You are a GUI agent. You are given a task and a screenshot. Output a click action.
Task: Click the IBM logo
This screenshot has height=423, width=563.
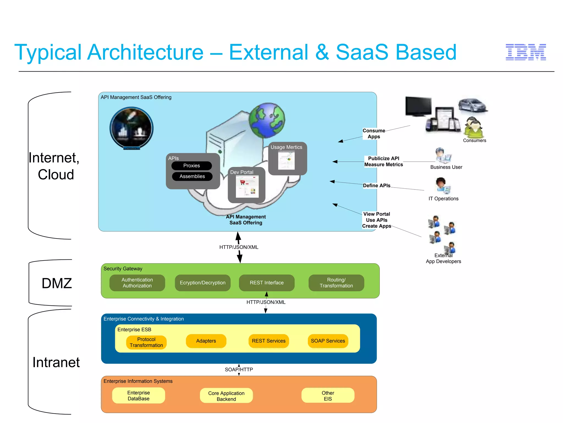tap(526, 52)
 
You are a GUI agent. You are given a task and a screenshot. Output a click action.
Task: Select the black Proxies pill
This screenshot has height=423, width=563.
tap(192, 166)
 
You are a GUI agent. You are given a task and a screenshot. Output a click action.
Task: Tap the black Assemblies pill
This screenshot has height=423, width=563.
tap(192, 176)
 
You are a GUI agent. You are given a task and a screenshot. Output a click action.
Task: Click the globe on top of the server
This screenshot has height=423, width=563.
tap(267, 120)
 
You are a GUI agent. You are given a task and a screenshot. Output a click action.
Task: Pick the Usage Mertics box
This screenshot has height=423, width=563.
tap(287, 158)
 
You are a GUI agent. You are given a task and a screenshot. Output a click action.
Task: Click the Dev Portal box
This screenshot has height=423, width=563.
tap(247, 185)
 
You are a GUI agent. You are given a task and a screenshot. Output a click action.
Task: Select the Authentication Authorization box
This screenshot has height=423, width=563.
tap(137, 283)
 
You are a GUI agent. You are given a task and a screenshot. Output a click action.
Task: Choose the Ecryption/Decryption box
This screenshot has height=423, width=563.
tap(203, 283)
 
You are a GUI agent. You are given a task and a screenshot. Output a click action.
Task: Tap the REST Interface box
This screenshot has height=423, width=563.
tap(267, 283)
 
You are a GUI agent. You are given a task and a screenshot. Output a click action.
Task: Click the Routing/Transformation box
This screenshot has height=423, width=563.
tap(336, 283)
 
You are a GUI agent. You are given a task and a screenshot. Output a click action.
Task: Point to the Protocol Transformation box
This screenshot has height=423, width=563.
tap(146, 342)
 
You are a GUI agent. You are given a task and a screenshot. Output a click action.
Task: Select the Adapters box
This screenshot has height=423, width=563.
tap(206, 341)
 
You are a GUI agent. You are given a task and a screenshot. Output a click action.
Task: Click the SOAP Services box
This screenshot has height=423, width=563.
tap(328, 341)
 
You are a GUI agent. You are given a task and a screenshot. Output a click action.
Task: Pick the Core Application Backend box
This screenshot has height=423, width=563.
tap(226, 396)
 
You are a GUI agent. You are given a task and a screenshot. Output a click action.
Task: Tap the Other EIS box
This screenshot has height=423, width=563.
tap(328, 396)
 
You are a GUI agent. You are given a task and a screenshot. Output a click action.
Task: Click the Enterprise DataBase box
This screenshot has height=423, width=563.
tap(139, 395)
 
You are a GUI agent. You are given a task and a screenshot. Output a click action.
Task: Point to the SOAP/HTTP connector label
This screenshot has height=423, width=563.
tap(239, 370)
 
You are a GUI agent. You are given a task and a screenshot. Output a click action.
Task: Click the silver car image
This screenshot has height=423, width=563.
tap(473, 105)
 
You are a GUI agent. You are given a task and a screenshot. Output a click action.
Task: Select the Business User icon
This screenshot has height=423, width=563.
tap(443, 156)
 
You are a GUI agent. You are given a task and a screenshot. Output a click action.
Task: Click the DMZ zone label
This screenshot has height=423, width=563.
tap(57, 283)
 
